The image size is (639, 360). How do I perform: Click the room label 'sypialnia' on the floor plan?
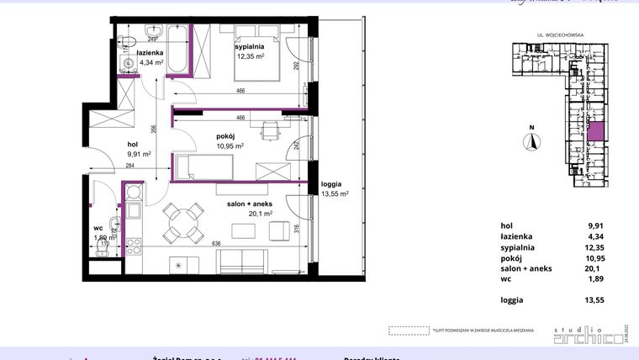[251, 48]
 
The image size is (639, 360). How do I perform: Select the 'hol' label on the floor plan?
[133, 144]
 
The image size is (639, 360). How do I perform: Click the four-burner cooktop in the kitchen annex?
[133, 247]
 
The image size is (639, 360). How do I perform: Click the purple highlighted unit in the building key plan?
[594, 131]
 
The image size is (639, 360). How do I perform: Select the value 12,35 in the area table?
[595, 248]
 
